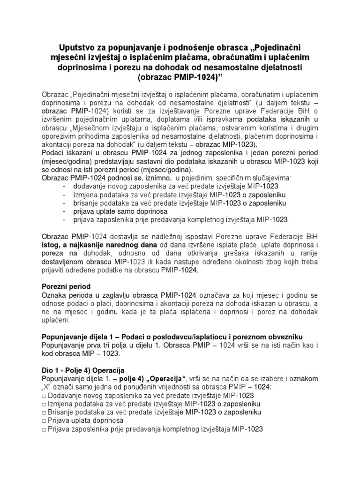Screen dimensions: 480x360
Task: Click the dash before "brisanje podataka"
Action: click(64, 203)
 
